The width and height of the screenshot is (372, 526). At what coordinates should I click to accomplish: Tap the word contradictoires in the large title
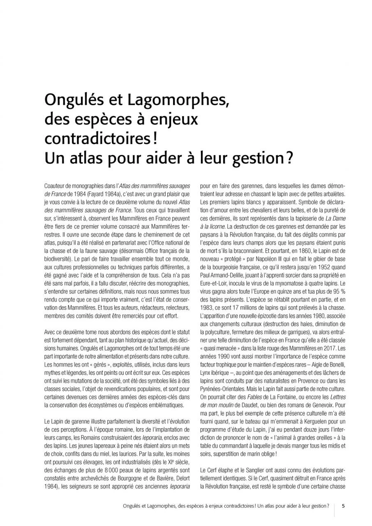[95, 138]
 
